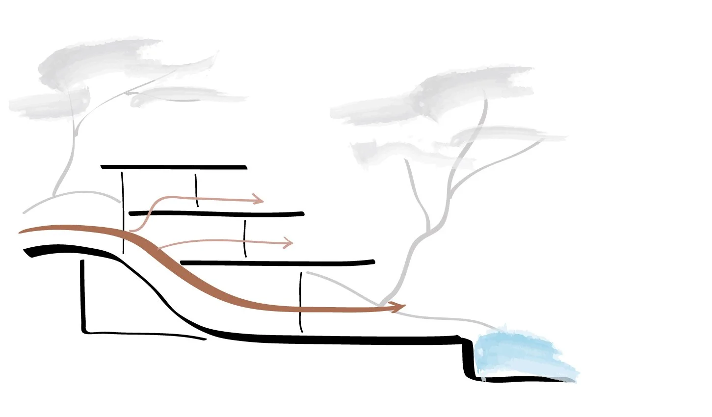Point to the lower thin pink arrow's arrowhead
pos(288,242)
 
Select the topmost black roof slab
pos(174,167)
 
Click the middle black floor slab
pos(216,213)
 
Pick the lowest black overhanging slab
pos(277,262)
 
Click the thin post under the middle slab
pos(245,238)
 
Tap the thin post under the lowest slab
pos(300,302)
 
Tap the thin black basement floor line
pos(147,335)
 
